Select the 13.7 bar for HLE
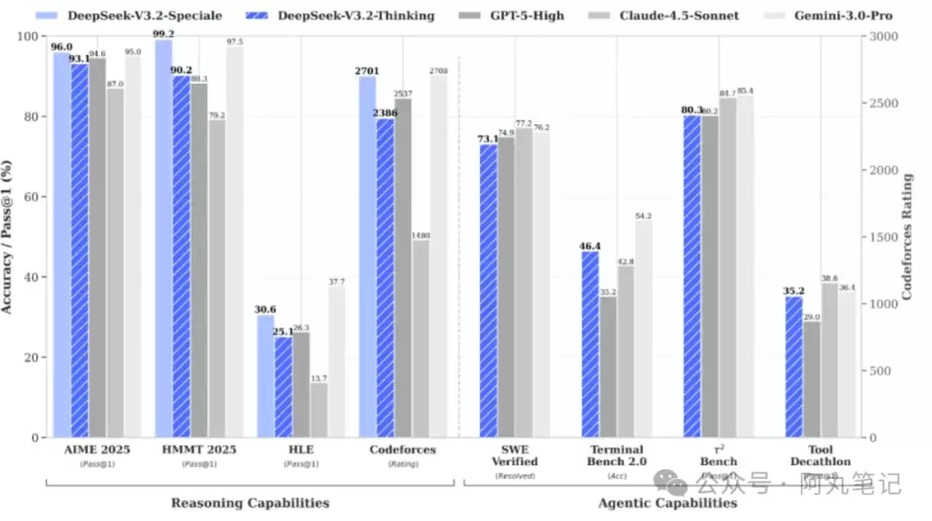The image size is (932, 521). [x=318, y=410]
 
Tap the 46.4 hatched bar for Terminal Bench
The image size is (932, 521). [x=590, y=344]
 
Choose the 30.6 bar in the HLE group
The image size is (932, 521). [x=266, y=376]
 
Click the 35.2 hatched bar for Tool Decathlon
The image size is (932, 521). [x=794, y=367]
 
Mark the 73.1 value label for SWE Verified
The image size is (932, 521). [x=488, y=139]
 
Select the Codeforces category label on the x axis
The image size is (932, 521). [x=403, y=450]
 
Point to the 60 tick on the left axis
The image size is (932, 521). [x=33, y=197]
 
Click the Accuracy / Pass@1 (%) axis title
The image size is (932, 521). [x=8, y=237]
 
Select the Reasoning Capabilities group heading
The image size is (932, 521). [x=249, y=503]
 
